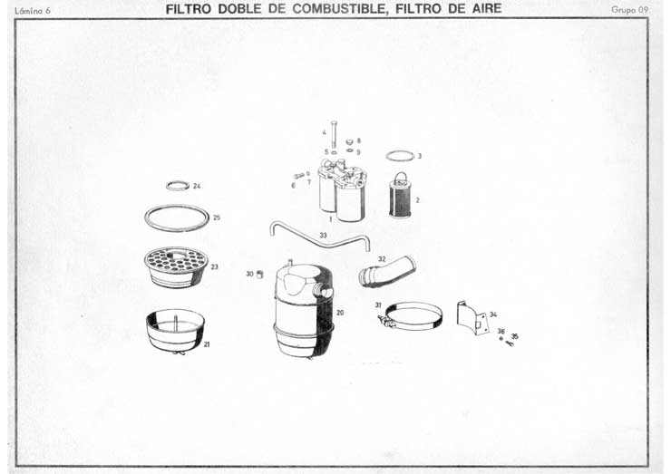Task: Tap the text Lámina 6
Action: [x=33, y=11]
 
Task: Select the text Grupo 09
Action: [x=629, y=10]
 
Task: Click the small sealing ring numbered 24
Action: [x=178, y=186]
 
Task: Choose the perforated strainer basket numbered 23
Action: [x=176, y=267]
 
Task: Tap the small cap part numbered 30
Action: [x=259, y=275]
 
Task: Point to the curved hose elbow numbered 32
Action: [x=386, y=272]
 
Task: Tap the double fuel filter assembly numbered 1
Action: [x=342, y=189]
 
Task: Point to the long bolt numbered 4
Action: [x=334, y=134]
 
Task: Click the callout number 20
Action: [x=340, y=313]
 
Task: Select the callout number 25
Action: [x=217, y=218]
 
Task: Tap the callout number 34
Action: [x=493, y=314]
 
